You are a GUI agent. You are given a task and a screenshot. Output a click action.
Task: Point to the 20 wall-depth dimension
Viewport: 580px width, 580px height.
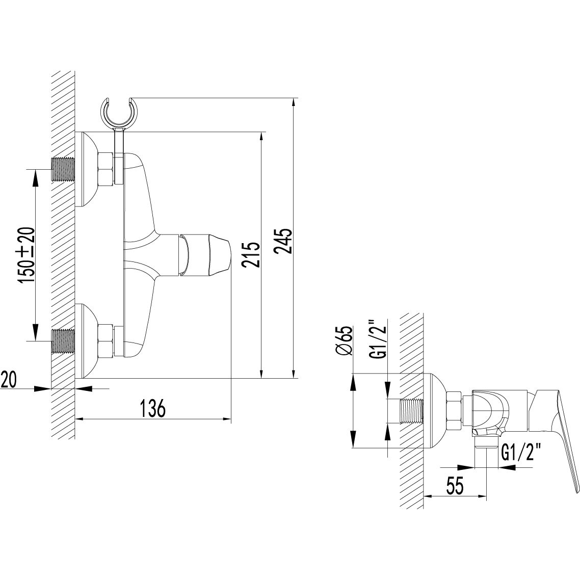tap(11, 380)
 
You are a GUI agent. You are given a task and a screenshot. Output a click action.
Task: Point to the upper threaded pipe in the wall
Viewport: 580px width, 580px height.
tap(63, 169)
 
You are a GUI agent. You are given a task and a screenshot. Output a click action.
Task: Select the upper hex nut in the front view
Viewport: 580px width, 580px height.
tap(106, 169)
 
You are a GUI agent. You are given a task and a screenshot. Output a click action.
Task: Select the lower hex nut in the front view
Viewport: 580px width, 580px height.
tap(106, 340)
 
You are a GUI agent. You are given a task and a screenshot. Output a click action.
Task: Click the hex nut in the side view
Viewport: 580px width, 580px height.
tap(454, 411)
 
